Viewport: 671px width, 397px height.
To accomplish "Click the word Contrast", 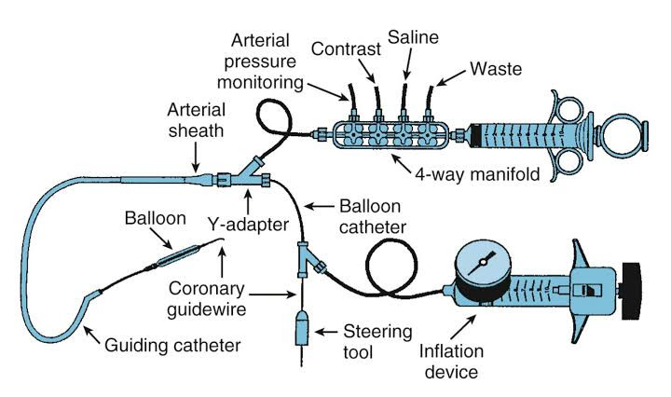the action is (x=346, y=48).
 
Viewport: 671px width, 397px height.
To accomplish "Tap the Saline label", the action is (x=413, y=37).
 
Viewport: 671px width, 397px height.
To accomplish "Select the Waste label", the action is (x=496, y=69).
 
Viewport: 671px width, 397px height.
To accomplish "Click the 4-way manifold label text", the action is (x=477, y=174).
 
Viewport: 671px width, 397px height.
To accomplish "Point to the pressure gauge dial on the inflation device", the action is (x=483, y=263).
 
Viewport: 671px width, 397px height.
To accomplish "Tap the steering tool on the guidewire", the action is (x=302, y=327).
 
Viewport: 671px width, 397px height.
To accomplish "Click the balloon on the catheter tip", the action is (x=178, y=256).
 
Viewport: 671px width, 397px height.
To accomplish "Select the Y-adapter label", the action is (x=248, y=225).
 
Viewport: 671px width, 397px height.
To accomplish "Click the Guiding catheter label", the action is (x=172, y=345).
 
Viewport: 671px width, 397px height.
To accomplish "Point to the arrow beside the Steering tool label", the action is (x=325, y=332).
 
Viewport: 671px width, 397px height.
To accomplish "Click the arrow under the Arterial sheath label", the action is (x=196, y=157).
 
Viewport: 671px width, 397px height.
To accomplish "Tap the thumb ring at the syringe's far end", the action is (x=624, y=133).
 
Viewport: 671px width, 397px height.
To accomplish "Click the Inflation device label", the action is (x=451, y=361).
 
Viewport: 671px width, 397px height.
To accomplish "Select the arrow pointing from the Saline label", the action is (x=408, y=63).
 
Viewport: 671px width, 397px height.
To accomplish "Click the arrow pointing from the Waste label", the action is (x=451, y=77).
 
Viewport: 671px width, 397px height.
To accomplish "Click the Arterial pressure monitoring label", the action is (x=260, y=62).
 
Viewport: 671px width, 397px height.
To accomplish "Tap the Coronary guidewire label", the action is (x=206, y=299).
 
